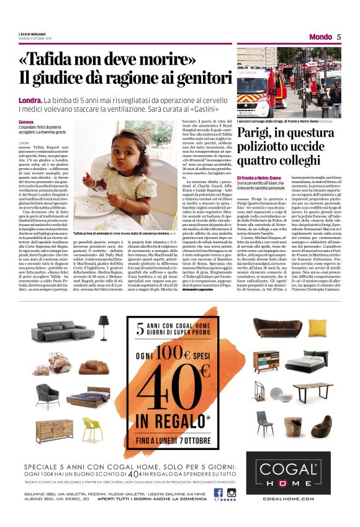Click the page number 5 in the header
click(340, 37)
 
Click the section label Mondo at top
click(320, 37)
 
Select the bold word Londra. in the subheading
click(30, 100)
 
